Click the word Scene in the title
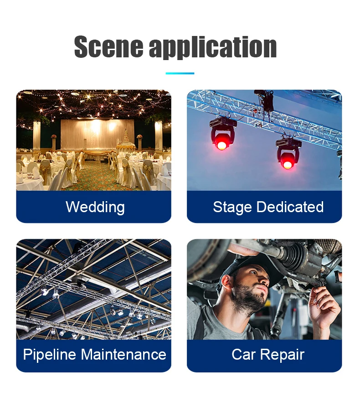click(x=108, y=46)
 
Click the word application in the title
click(x=213, y=47)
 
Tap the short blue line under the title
click(x=180, y=73)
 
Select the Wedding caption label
click(x=95, y=207)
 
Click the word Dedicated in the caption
click(x=290, y=207)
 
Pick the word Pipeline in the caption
click(x=50, y=355)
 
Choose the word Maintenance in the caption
click(x=123, y=355)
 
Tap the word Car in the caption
click(x=243, y=355)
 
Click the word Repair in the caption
click(x=282, y=355)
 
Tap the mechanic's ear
click(x=227, y=282)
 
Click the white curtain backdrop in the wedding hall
click(x=98, y=134)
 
